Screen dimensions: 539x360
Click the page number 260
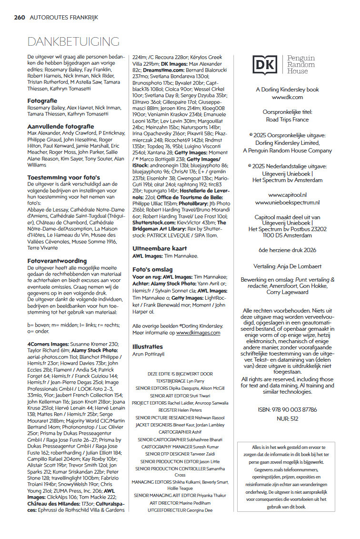point(20,17)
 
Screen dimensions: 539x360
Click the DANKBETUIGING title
point(73,41)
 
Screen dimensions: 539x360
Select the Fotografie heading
point(42,101)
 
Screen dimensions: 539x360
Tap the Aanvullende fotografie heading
point(60,126)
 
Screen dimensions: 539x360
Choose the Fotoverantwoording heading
point(57,261)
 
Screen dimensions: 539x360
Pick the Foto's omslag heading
point(152,269)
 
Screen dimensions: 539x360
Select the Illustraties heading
point(148,346)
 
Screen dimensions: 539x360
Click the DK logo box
point(264,65)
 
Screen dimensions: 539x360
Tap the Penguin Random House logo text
point(300,64)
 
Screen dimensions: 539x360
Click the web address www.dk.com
point(287,97)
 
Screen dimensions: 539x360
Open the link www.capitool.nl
point(287,195)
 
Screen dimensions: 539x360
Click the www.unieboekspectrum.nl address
point(287,202)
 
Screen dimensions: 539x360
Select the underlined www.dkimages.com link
point(198,333)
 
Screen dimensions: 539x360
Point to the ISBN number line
point(287,409)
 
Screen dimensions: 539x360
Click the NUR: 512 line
point(287,419)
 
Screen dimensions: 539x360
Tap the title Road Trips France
point(287,120)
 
